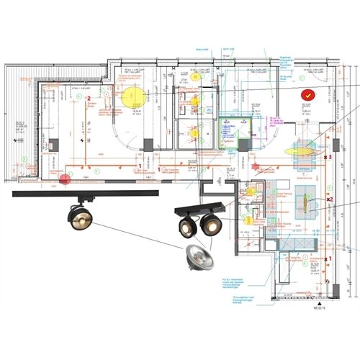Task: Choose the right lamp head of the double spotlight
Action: (x=210, y=225)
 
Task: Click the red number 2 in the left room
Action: (x=89, y=97)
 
